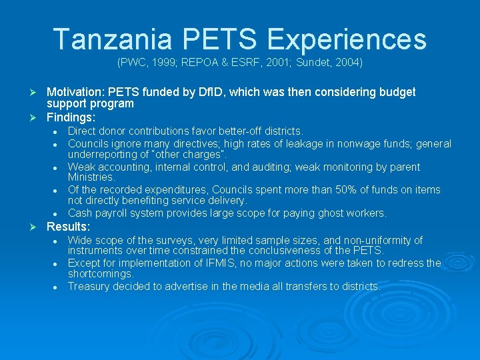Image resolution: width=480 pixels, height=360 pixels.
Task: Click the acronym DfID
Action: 240,92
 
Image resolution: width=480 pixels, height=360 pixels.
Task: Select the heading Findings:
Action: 71,117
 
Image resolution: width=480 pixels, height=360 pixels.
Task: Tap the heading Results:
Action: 68,227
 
